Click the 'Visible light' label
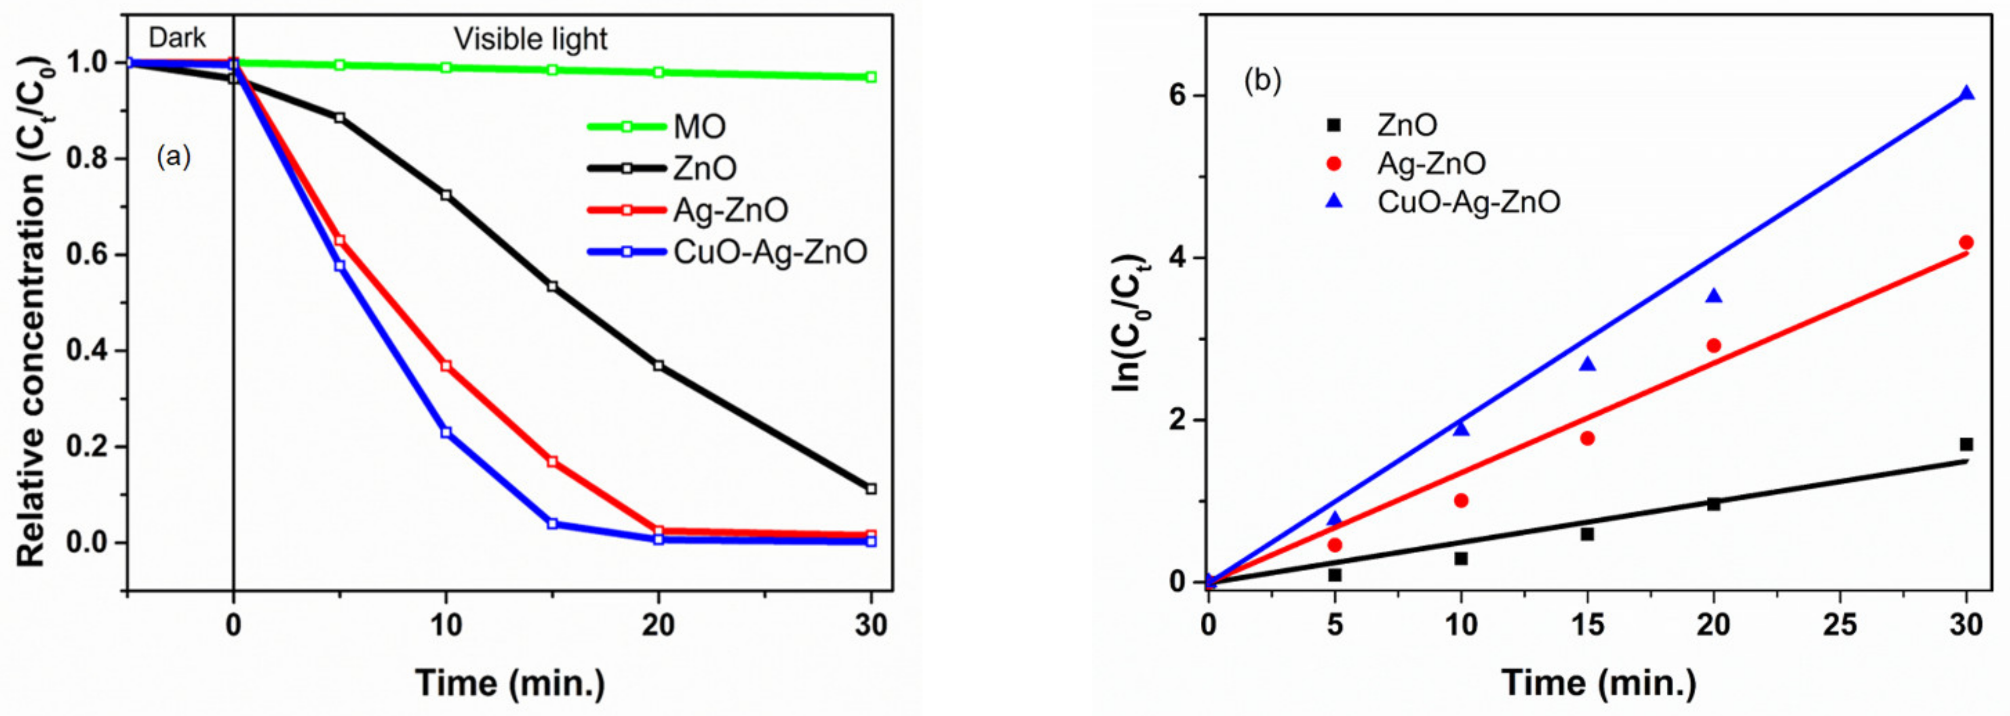point(530,39)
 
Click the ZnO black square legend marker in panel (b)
point(1334,125)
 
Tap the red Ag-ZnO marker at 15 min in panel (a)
point(552,462)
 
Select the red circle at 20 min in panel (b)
point(1713,345)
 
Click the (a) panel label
point(173,158)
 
